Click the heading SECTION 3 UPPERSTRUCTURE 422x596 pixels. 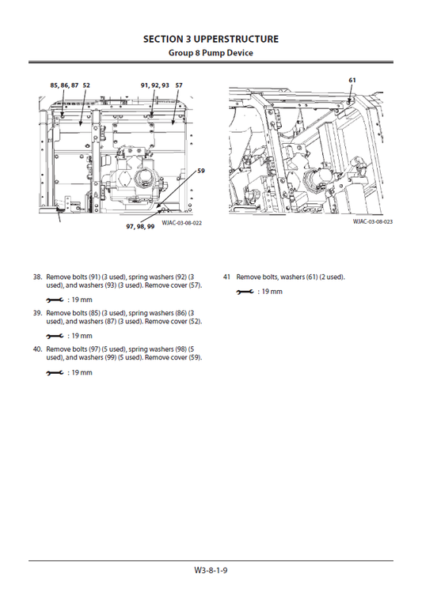(211, 38)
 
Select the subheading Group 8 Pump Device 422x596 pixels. (211, 52)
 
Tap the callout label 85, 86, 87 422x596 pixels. (63, 85)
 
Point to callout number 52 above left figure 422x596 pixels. (86, 85)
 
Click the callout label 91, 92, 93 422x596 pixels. (154, 85)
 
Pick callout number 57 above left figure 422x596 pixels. (179, 85)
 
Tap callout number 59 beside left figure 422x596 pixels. (200, 171)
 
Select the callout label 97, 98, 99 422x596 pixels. (140, 227)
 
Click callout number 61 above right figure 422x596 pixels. (352, 80)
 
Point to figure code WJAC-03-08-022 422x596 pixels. (181, 224)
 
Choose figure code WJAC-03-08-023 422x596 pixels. (372, 222)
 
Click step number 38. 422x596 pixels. (37, 277)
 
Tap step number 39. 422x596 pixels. (37, 314)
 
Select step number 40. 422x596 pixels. (37, 349)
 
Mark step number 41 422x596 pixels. (226, 277)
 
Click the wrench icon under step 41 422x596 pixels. (245, 292)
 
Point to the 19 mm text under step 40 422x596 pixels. (80, 372)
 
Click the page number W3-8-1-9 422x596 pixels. (211, 570)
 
